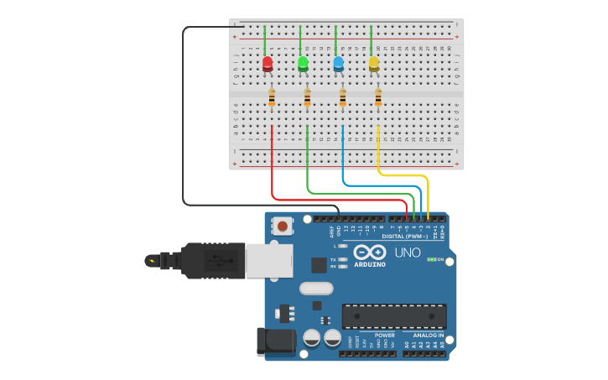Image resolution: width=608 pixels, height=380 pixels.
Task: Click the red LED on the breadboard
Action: (268, 64)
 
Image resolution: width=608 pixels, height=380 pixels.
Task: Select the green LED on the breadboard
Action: (303, 64)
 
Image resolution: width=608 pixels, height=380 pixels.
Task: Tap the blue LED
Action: (339, 64)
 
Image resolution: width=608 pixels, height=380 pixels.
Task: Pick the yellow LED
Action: (374, 64)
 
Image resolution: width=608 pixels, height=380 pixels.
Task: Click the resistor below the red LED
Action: (272, 98)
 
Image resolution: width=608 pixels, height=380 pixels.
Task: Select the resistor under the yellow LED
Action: (378, 98)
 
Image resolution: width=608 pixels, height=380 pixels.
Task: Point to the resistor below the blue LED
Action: (343, 98)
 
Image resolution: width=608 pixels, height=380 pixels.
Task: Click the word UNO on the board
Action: (408, 252)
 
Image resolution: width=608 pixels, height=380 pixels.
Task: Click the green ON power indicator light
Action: (432, 259)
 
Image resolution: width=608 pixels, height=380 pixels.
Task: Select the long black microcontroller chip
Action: (393, 316)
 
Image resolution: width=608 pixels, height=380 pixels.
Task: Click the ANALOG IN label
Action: (428, 335)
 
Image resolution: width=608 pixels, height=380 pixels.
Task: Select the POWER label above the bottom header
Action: (384, 335)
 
